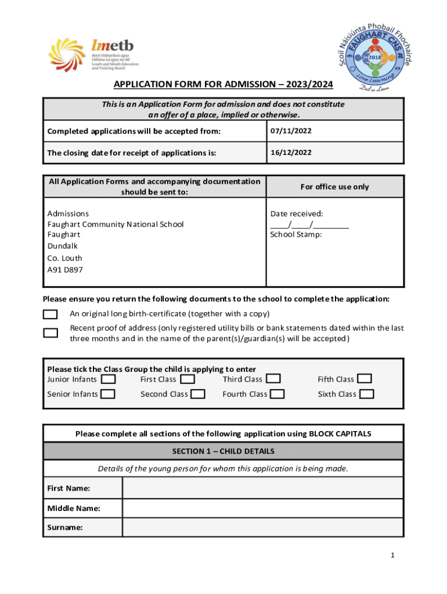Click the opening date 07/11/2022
click(x=291, y=131)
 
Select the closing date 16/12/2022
click(x=291, y=153)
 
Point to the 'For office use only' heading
click(x=334, y=187)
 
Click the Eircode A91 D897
click(x=64, y=270)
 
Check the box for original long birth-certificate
click(x=51, y=314)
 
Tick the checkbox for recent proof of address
click(x=51, y=333)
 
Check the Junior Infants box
click(x=108, y=379)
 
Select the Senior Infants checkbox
click(x=108, y=394)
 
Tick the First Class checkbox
click(x=188, y=379)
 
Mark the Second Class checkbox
click(x=198, y=394)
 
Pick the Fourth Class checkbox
click(x=277, y=394)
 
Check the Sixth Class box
click(x=367, y=394)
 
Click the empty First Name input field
click(x=262, y=488)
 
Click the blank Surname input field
click(x=262, y=527)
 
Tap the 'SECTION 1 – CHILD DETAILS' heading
click(x=223, y=451)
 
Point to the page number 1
click(x=393, y=556)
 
